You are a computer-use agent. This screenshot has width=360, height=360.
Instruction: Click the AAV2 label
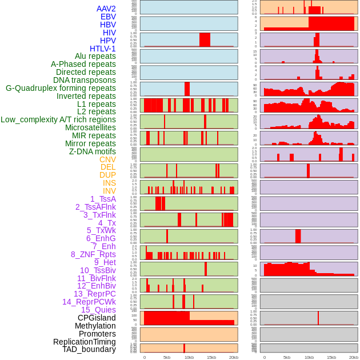point(106,9)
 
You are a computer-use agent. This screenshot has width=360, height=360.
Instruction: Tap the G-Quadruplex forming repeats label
point(61,88)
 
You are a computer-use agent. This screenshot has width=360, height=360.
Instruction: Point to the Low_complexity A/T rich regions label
point(58,119)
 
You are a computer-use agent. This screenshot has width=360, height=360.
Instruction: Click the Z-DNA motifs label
point(92,151)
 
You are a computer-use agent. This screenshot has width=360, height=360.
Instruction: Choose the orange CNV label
point(107,159)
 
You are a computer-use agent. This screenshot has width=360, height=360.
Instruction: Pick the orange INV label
point(109,191)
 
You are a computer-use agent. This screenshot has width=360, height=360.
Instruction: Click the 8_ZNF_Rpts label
point(93,254)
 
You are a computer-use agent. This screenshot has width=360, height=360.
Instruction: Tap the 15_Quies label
point(98,310)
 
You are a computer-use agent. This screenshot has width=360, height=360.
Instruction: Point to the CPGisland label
point(97,318)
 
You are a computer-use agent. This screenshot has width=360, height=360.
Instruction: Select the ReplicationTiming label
point(84,342)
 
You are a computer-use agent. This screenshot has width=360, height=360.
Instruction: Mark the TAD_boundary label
point(89,349)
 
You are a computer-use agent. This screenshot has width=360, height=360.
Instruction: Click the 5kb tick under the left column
point(167,357)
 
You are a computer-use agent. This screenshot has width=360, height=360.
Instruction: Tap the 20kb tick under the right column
point(354,357)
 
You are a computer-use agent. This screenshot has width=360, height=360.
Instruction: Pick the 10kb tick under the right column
point(309,357)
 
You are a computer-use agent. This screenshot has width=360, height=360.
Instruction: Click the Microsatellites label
point(90,127)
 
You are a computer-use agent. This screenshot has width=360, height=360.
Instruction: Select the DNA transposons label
point(85,80)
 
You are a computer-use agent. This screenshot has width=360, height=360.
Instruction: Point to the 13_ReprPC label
point(94,294)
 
